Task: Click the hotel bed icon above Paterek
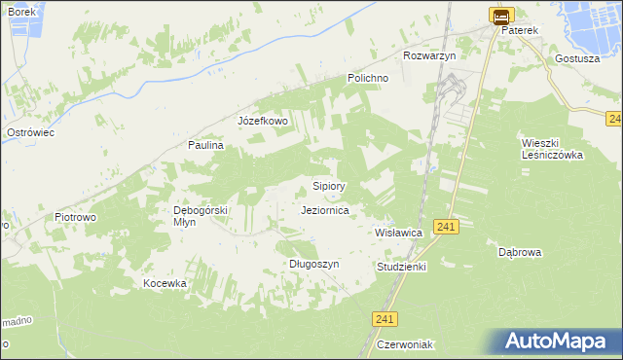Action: click(500, 16)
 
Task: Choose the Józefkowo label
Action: click(263, 121)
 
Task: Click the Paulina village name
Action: click(206, 145)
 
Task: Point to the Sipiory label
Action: click(328, 185)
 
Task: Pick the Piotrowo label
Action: click(75, 217)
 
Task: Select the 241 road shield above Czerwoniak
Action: click(385, 319)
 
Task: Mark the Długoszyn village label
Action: click(313, 264)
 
